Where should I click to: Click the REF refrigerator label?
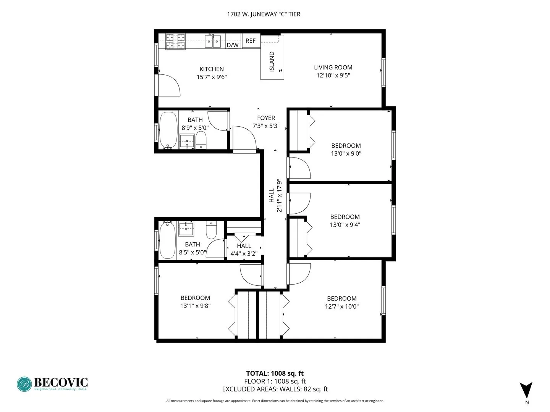(251, 41)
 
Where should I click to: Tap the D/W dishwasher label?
(233, 45)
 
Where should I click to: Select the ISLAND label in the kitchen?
(272, 62)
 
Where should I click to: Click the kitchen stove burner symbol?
(175, 41)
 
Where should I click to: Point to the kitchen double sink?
(213, 41)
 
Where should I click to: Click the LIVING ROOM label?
(333, 68)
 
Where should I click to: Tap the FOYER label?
(266, 118)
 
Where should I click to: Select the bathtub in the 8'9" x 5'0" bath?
(168, 130)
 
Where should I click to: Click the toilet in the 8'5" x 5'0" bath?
(211, 230)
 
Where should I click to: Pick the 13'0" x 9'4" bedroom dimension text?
(345, 225)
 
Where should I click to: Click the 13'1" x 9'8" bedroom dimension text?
(195, 306)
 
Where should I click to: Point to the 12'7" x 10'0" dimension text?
(341, 306)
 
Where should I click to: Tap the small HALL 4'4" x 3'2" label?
(244, 249)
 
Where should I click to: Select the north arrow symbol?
(526, 390)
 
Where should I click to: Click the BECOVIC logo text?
(61, 382)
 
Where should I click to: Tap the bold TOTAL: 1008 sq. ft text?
(275, 373)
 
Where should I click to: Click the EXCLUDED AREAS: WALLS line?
(275, 389)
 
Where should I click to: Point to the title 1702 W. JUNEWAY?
(264, 14)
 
